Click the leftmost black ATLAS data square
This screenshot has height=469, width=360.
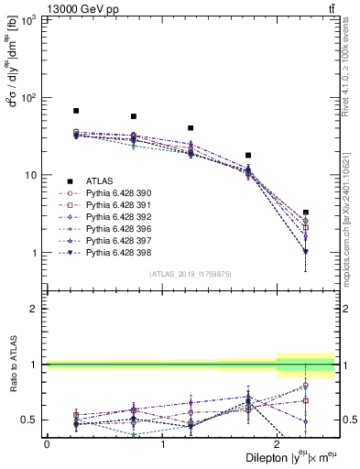[x=76, y=111]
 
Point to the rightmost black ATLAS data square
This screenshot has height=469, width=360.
[x=305, y=213]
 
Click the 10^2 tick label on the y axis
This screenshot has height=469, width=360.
[x=29, y=98]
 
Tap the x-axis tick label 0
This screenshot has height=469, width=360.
[x=47, y=443]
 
